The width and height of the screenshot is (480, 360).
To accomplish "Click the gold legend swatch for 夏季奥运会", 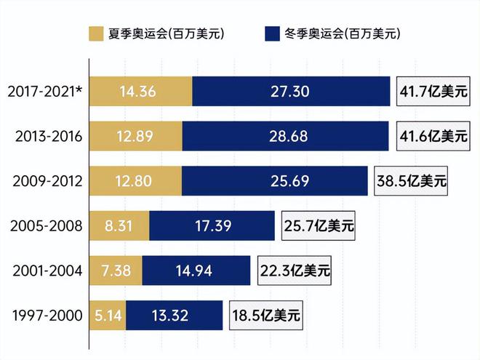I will pyautogui.click(x=96, y=33).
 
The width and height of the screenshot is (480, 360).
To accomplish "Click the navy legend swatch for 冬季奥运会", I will pyautogui.click(x=273, y=33).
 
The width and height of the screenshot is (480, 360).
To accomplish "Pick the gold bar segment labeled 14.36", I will pyautogui.click(x=140, y=92).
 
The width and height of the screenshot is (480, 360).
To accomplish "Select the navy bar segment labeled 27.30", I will pyautogui.click(x=291, y=92).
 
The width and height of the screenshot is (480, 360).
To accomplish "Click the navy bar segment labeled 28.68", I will pyautogui.click(x=286, y=137).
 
